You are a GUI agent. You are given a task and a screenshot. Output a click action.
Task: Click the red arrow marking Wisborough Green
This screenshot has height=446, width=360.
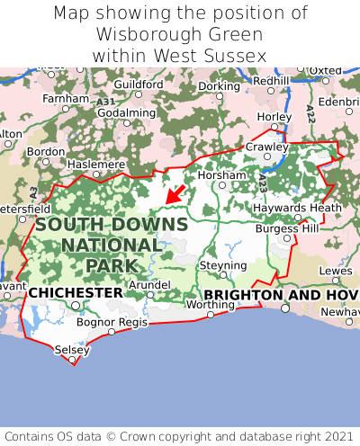click(175, 193)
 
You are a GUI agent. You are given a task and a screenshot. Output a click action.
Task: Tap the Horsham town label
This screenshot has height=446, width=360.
click(220, 174)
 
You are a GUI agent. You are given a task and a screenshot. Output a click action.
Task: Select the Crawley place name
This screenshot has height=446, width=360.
click(267, 147)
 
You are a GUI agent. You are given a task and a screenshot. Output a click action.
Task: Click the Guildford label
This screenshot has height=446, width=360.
click(138, 85)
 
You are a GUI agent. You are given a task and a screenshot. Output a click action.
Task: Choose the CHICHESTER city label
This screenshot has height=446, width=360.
click(76, 293)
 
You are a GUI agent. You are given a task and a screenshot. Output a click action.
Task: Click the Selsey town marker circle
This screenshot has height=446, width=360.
click(73, 360)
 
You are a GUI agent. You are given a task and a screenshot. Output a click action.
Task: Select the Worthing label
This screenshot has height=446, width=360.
click(209, 305)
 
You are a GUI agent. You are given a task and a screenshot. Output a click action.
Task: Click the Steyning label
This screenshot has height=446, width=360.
click(222, 266)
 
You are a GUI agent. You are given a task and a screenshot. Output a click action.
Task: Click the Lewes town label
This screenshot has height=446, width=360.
click(336, 271)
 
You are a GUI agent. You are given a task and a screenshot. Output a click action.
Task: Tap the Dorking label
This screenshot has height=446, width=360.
click(219, 86)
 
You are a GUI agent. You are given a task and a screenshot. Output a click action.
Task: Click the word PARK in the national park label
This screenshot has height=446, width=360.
click(112, 265)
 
